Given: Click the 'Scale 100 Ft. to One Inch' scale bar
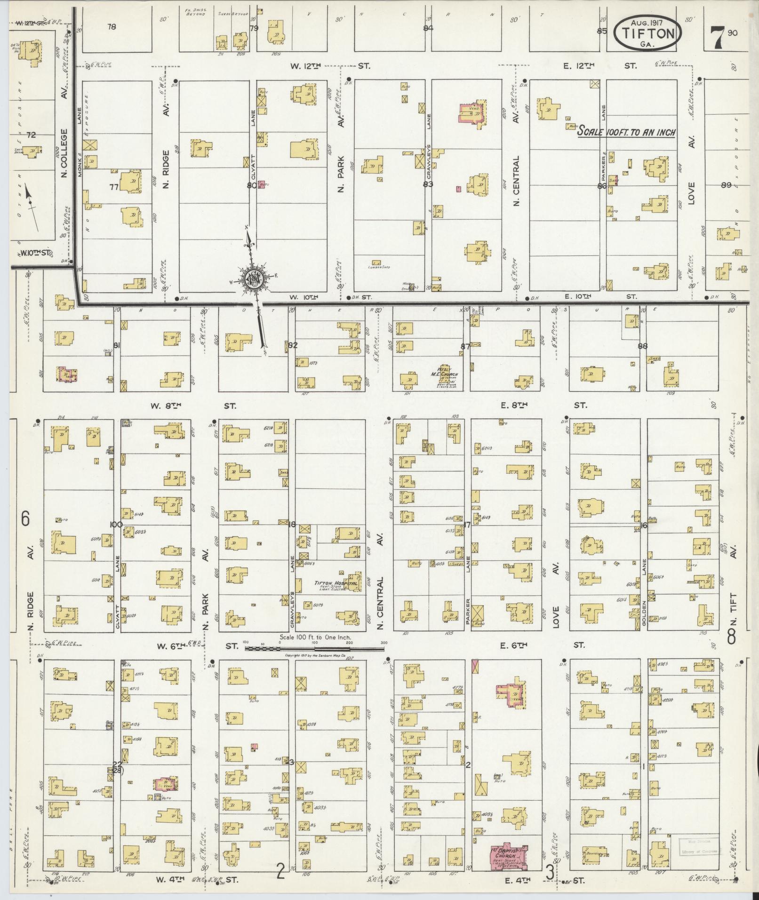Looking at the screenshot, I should click(x=314, y=648).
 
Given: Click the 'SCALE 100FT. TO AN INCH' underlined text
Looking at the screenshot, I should click(x=626, y=132).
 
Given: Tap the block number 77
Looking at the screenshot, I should click(x=113, y=187).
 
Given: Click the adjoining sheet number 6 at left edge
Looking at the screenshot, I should click(x=25, y=519).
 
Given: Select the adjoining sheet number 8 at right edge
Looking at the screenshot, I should click(x=732, y=637).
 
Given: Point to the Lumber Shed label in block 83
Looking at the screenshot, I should click(x=380, y=267).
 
